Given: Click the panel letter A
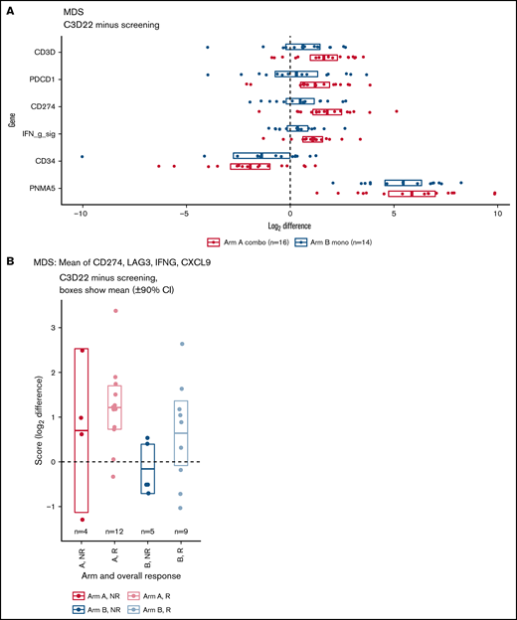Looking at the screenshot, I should coord(8,9).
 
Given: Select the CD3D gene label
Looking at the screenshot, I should coord(45,47).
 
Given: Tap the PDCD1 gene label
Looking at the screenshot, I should coord(43,76).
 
